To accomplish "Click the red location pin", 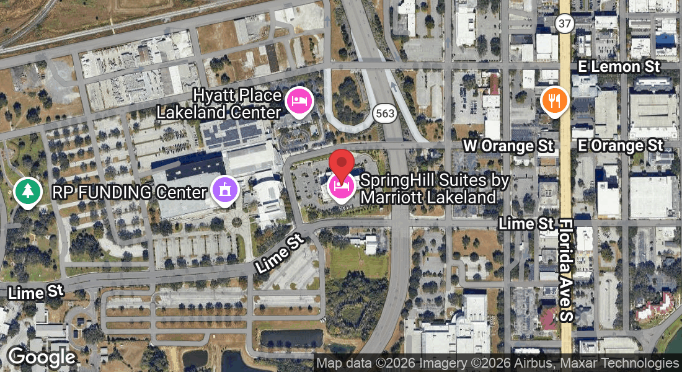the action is (341, 164).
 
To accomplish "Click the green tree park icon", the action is (28, 192).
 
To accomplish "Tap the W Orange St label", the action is (508, 146).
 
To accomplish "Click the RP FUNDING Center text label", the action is (129, 192).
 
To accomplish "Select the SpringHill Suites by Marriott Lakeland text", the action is (434, 189).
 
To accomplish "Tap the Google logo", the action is (42, 356).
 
